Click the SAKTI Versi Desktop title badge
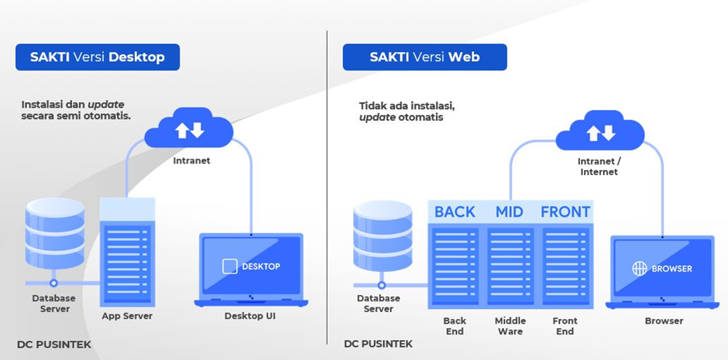click(x=98, y=57)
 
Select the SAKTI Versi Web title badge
click(x=424, y=57)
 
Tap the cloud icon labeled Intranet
click(x=190, y=130)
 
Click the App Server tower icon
click(x=127, y=252)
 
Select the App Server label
click(x=127, y=316)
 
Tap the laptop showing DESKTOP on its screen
click(x=251, y=269)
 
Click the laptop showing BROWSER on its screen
click(x=661, y=271)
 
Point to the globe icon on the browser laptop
click(x=639, y=269)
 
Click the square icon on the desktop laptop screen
click(x=230, y=266)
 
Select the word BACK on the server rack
click(x=455, y=211)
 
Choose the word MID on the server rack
click(x=510, y=211)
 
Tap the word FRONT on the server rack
click(x=565, y=211)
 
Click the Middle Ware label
click(x=510, y=326)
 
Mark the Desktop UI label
click(x=250, y=316)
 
